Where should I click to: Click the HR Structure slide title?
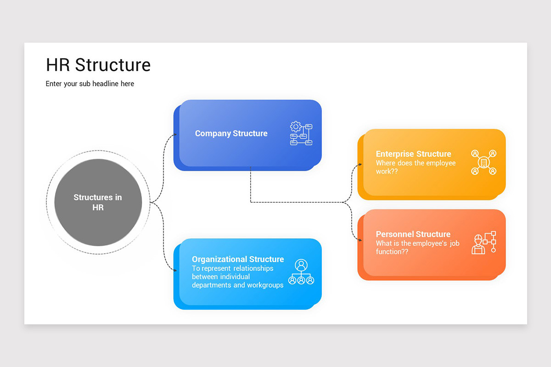pos(98,65)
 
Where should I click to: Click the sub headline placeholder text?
pos(90,84)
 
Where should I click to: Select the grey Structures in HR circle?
pos(98,202)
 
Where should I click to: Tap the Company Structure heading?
pos(231,133)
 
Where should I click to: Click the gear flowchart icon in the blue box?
pos(301,133)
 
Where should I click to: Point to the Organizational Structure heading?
pos(238,259)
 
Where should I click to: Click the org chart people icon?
pos(301,272)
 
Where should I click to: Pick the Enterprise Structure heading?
pos(413,154)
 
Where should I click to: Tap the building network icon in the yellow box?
pos(484,162)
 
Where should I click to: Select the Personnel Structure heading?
pos(413,234)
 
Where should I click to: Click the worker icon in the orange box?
pos(484,243)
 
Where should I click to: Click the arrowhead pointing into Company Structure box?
pos(175,135)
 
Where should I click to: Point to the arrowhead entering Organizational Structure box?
pos(175,271)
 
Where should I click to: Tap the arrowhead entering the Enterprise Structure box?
pos(360,164)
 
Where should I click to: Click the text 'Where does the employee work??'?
pos(416,167)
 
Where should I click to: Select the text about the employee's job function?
pos(417,248)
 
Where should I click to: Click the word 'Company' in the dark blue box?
pos(213,133)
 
